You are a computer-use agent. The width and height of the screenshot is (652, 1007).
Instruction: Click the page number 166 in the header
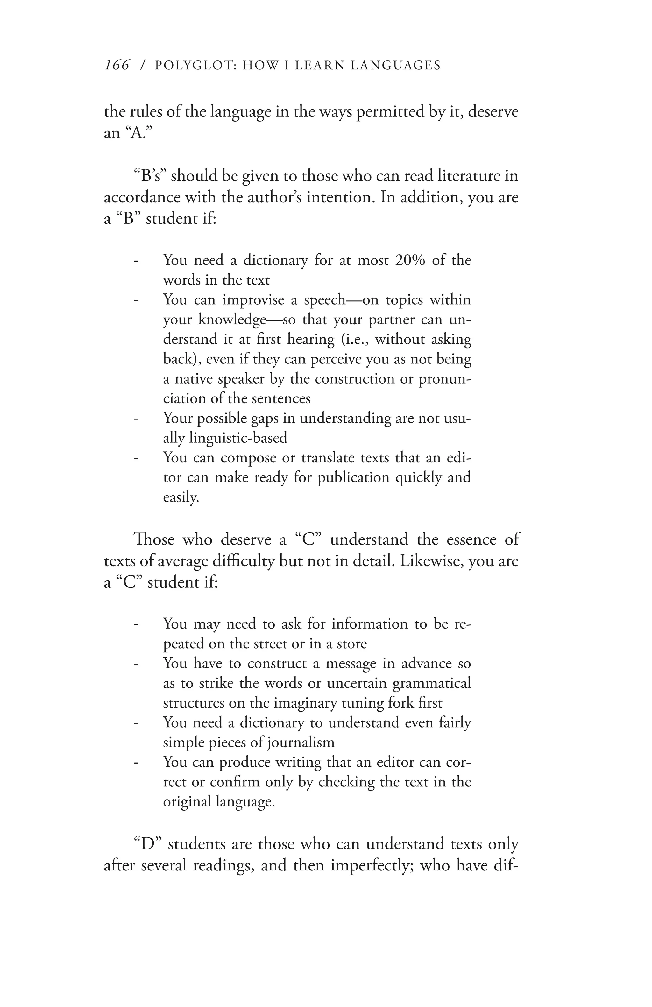pos(117,65)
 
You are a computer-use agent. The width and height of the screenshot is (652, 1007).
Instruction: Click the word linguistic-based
pos(238,438)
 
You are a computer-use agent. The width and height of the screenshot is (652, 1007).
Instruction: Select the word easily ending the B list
pos(180,497)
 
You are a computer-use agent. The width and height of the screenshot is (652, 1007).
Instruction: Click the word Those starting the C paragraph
pos(153,540)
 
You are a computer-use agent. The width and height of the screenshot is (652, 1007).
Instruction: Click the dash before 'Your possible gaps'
pos(136,419)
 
